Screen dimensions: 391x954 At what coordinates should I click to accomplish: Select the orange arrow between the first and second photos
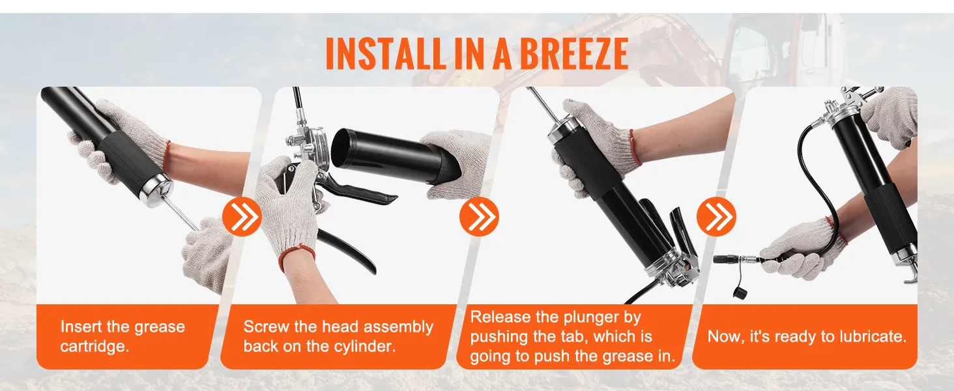pyautogui.click(x=242, y=217)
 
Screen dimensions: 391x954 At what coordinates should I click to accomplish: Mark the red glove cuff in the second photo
pyautogui.click(x=296, y=257)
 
